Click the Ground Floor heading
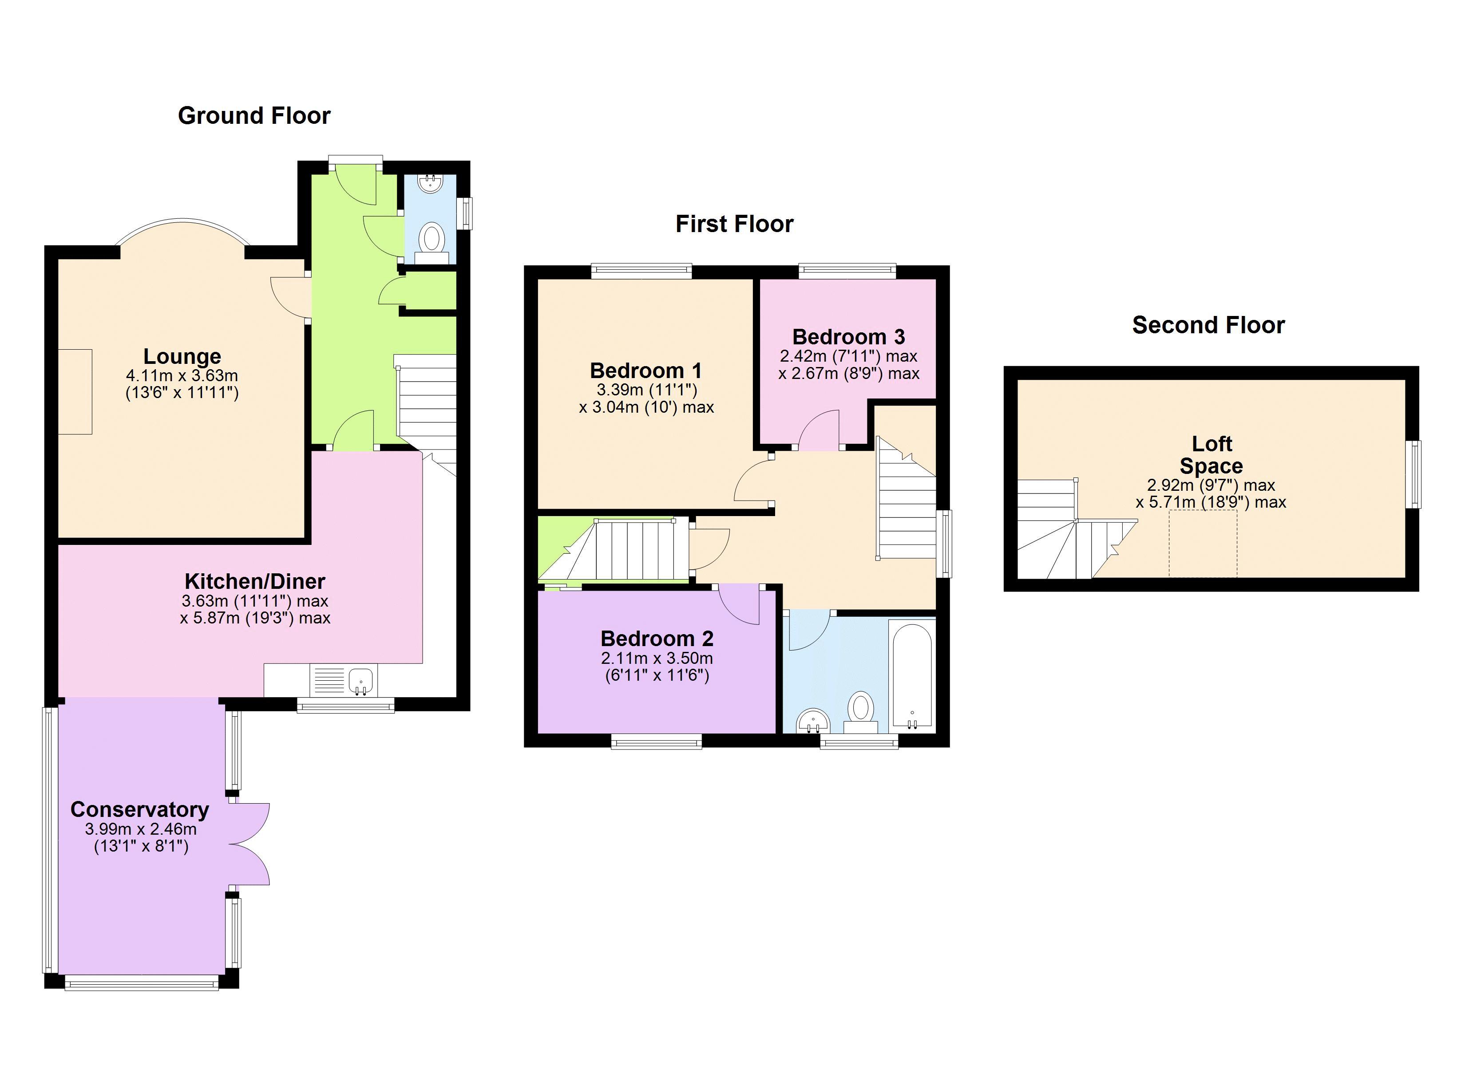[x=254, y=116]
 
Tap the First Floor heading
[x=734, y=224]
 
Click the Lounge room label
[x=182, y=356]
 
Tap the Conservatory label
[x=139, y=810]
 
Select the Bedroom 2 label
[x=657, y=639]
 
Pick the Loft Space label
[x=1211, y=455]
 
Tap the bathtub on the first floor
[x=911, y=675]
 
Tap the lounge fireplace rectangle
[x=75, y=391]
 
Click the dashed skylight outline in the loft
[x=1202, y=543]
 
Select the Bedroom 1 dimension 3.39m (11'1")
[x=646, y=390]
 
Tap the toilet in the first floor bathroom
[x=860, y=710]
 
